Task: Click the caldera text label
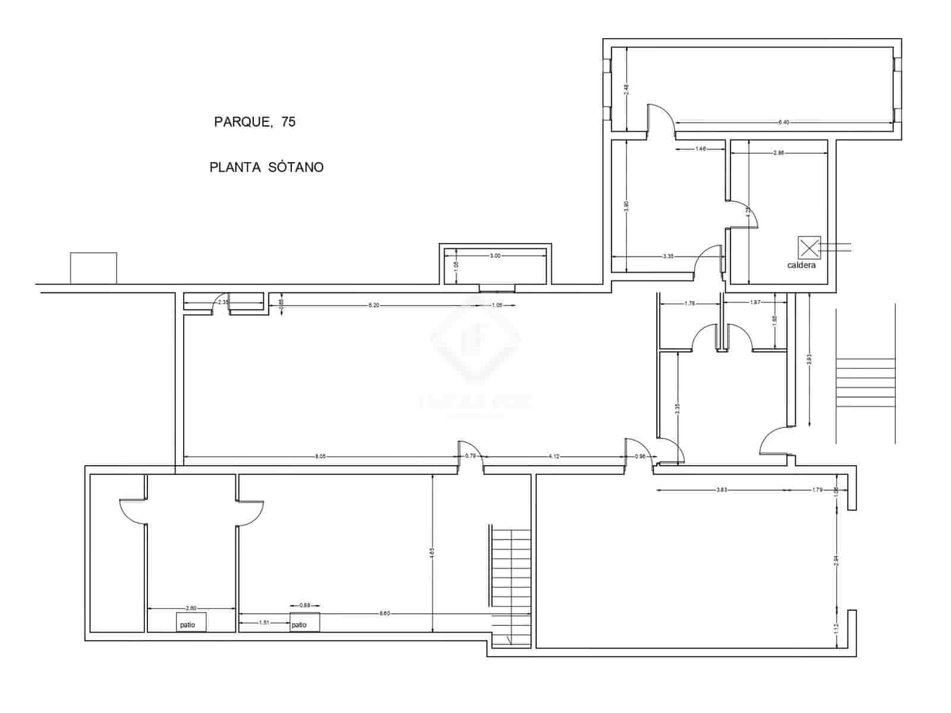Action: [801, 265]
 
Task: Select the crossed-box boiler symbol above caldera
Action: [809, 248]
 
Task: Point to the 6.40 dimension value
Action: [783, 122]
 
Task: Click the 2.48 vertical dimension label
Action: [626, 89]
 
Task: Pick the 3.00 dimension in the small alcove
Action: [495, 256]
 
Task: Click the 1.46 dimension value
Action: [701, 149]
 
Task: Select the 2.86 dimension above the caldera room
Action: [779, 153]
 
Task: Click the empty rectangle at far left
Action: [93, 268]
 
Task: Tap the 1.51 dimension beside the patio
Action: [265, 623]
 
